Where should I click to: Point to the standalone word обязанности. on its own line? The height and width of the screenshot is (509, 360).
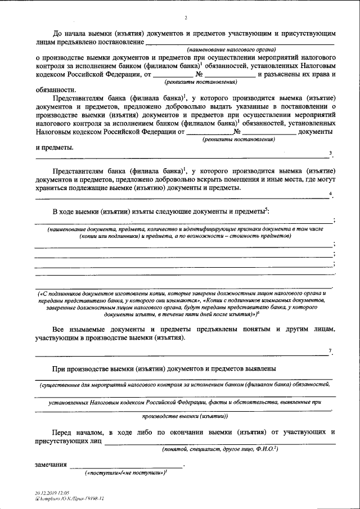coord(55,90)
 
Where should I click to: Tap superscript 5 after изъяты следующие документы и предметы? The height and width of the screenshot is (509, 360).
coord(267,209)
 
